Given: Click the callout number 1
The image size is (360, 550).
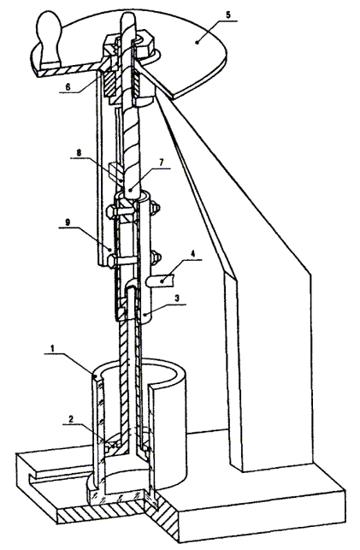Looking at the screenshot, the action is click(x=52, y=349).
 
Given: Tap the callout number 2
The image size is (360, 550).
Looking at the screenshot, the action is click(x=71, y=419).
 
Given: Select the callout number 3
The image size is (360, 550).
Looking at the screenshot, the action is click(x=177, y=299).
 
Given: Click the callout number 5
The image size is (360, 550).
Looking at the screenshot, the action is click(x=227, y=15).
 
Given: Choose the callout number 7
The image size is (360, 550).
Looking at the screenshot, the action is click(x=162, y=163).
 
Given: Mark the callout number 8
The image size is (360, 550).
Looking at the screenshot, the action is click(x=80, y=152).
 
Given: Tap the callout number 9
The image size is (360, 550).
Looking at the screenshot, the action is click(x=68, y=222).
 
